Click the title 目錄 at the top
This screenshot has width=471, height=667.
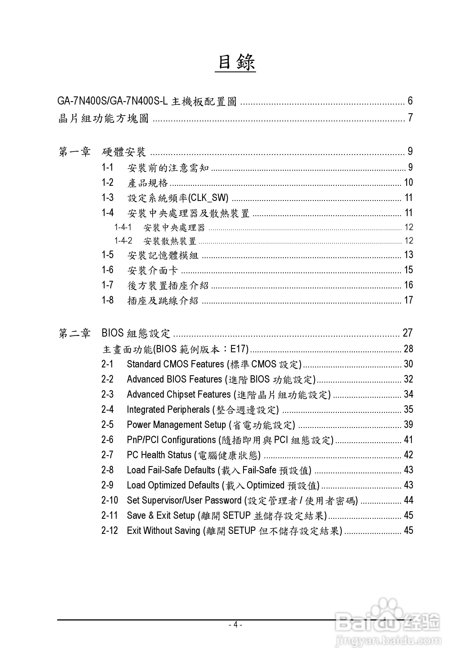pyautogui.click(x=235, y=62)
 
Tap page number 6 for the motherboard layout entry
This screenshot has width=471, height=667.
pyautogui.click(x=410, y=101)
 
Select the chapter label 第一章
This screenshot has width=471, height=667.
pyautogui.click(x=74, y=152)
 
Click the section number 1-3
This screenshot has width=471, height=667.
pyautogui.click(x=107, y=198)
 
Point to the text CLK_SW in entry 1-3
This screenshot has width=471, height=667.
pyautogui.click(x=208, y=198)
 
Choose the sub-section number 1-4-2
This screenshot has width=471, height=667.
pyautogui.click(x=123, y=240)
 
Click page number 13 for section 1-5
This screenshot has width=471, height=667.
pyautogui.click(x=408, y=255)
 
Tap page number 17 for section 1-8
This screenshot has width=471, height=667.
pyautogui.click(x=408, y=300)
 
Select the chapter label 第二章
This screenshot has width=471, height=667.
pyautogui.click(x=74, y=333)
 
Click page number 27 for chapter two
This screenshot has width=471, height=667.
pyautogui.click(x=407, y=333)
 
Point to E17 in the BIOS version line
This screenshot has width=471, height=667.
pyautogui.click(x=238, y=349)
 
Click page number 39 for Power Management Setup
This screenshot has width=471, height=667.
pyautogui.click(x=408, y=425)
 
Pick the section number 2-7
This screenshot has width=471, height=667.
pyautogui.click(x=107, y=455)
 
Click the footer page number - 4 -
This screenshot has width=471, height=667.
pyautogui.click(x=235, y=625)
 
